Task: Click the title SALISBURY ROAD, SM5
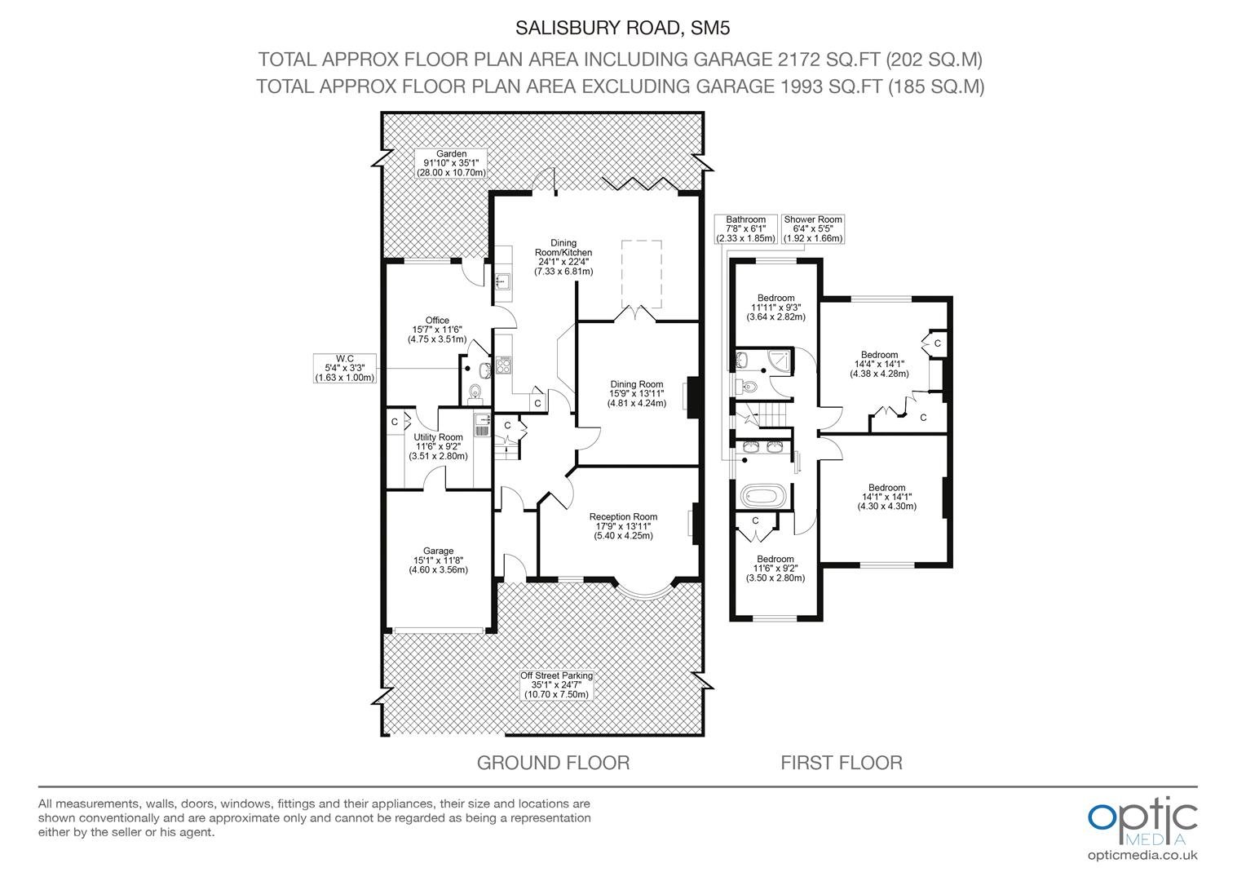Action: click(622, 28)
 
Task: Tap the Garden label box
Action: click(451, 163)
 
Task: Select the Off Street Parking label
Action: click(556, 685)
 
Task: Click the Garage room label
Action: click(439, 560)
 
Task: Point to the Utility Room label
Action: click(439, 446)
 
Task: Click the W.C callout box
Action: click(345, 368)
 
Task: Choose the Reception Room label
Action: click(623, 526)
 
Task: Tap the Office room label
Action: click(437, 330)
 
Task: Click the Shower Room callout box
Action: click(813, 228)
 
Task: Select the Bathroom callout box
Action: click(746, 228)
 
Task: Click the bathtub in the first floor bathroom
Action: click(764, 495)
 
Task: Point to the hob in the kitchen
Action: click(503, 365)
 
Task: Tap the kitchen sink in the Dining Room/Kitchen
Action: click(503, 281)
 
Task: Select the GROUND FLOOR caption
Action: click(553, 763)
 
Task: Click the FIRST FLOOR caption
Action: click(841, 763)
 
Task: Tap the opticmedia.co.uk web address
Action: click(1142, 856)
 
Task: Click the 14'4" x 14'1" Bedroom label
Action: click(879, 364)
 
